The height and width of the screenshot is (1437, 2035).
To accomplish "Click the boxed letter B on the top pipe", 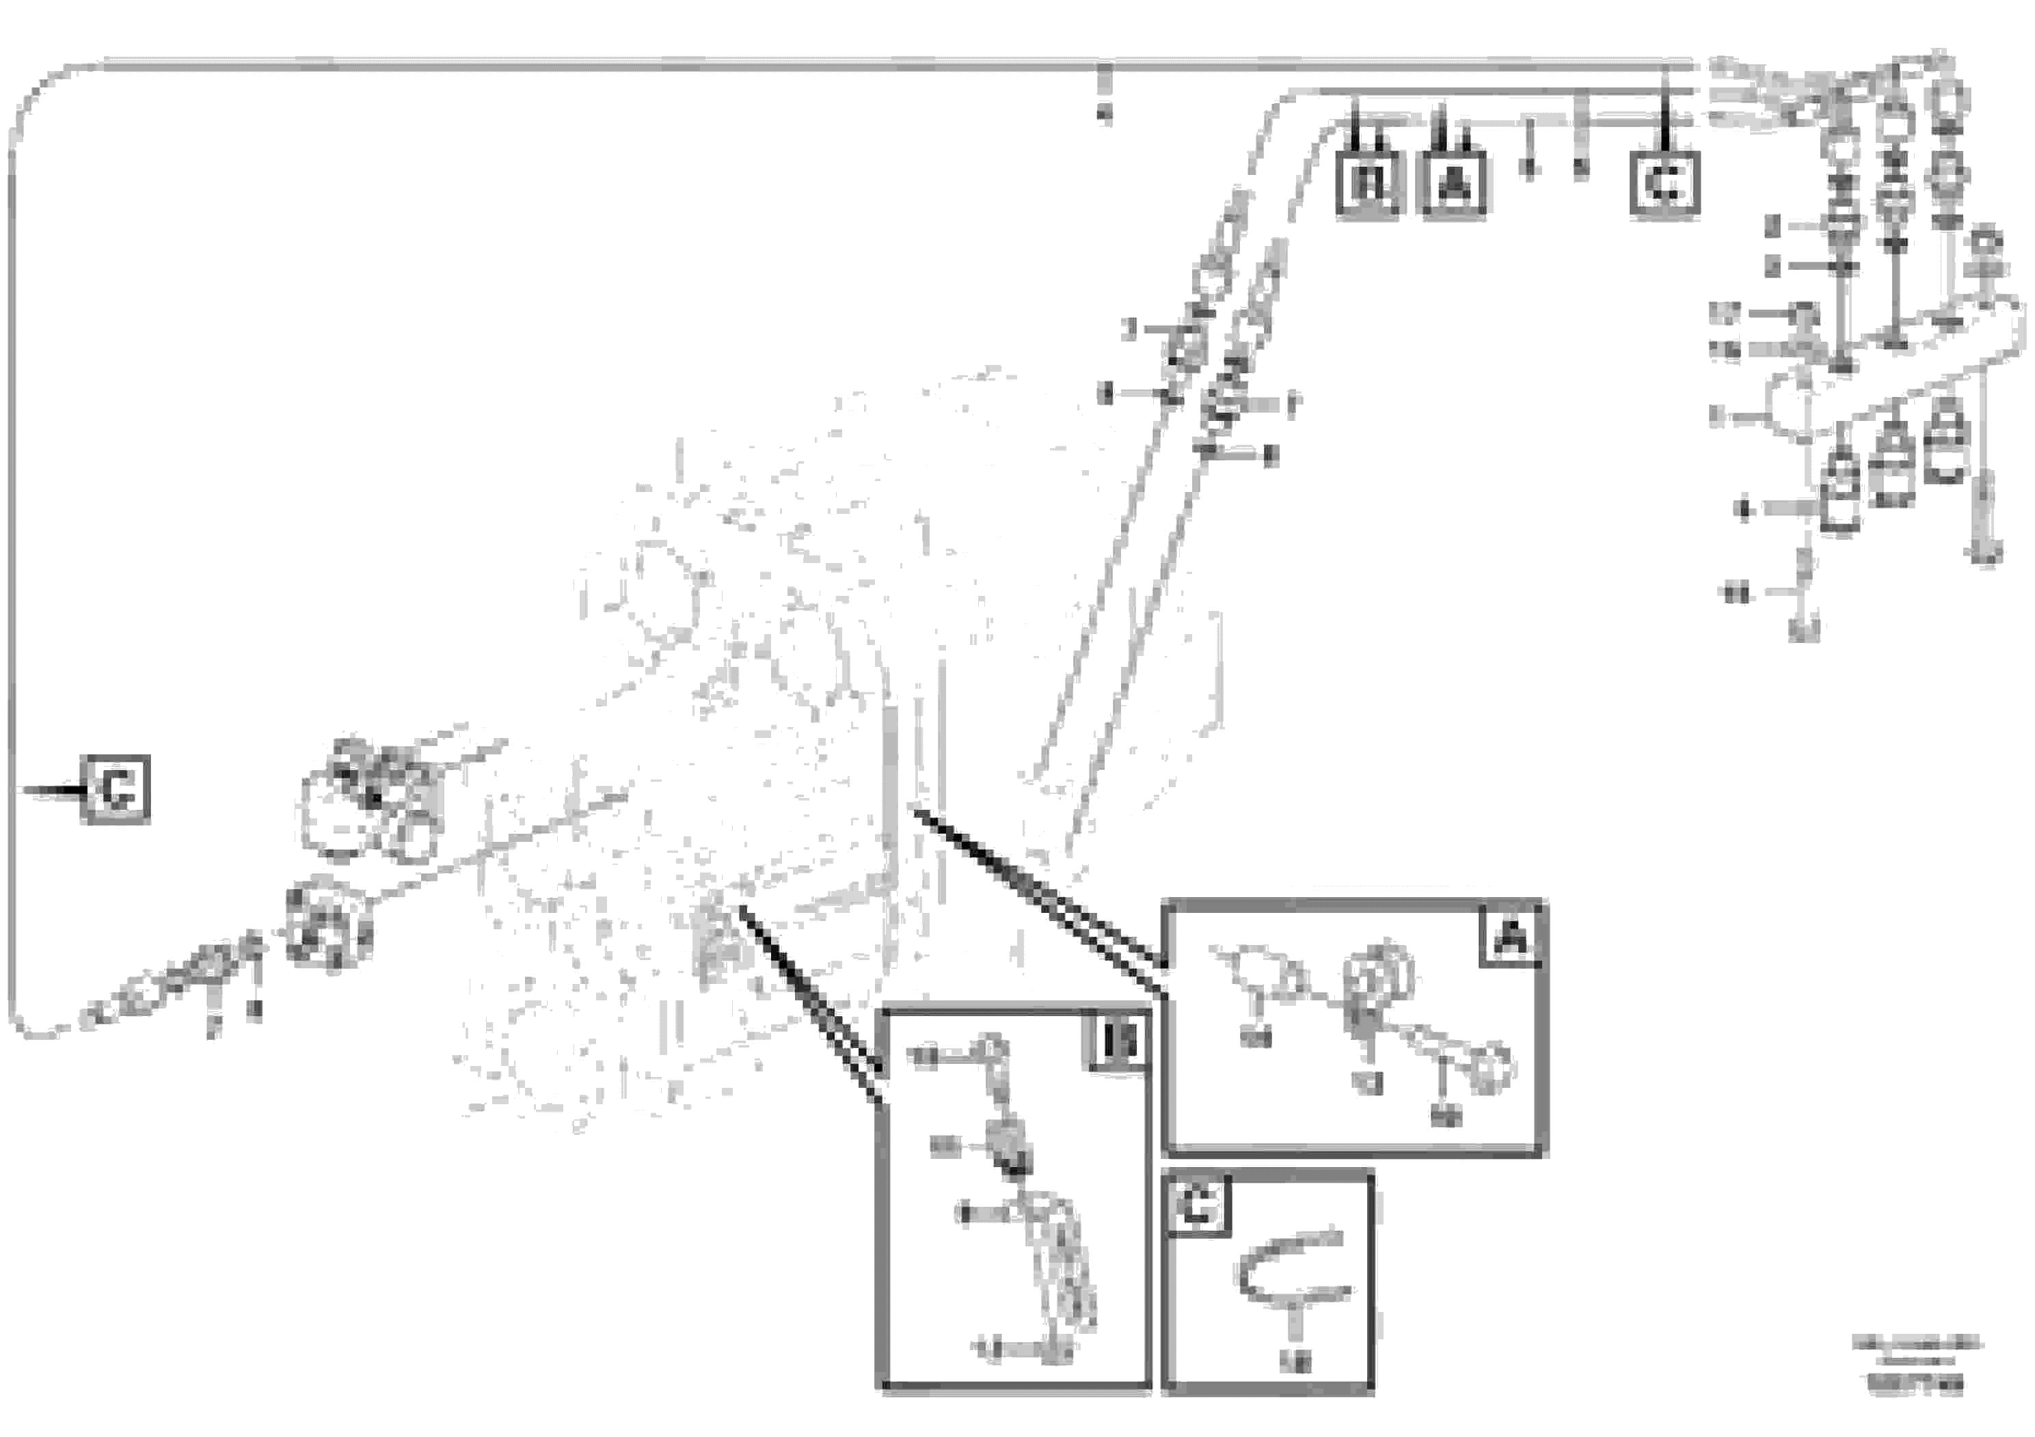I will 1369,185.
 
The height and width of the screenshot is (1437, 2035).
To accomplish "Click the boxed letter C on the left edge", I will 116,789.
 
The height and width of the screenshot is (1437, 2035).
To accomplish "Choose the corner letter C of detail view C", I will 1196,1206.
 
